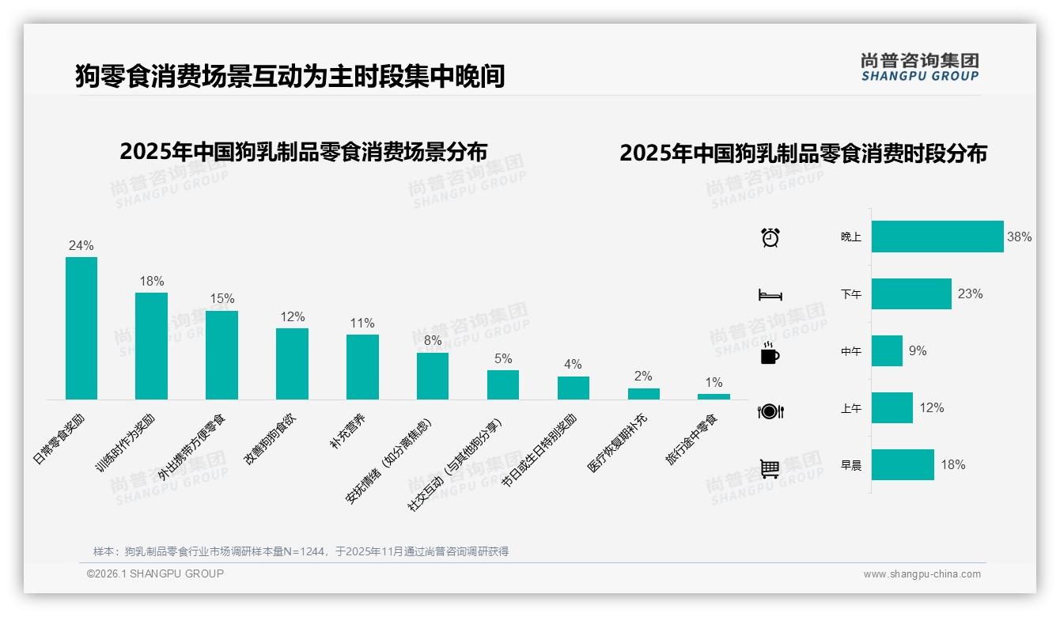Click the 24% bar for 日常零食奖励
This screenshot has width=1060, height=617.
tap(81, 328)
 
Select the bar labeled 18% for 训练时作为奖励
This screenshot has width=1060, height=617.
tap(151, 346)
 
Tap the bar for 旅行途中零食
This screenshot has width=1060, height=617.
tap(714, 396)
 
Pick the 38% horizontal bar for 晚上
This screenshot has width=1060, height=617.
tap(937, 237)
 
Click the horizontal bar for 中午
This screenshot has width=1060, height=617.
tap(887, 350)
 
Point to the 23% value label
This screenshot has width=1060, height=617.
tap(970, 294)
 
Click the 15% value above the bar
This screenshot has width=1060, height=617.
tap(221, 299)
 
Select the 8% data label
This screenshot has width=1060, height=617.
tap(433, 341)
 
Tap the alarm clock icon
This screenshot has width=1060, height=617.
tap(770, 237)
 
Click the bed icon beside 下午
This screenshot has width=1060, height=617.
tap(770, 295)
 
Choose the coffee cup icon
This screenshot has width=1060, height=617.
tap(770, 354)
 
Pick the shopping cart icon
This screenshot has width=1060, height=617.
tap(770, 468)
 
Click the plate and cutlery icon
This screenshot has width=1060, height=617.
tap(770, 411)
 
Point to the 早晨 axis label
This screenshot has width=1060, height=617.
tap(851, 465)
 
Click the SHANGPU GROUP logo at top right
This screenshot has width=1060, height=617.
tap(920, 67)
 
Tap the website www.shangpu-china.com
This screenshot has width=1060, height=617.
tap(922, 574)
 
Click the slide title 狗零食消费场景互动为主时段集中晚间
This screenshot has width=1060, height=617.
tap(290, 76)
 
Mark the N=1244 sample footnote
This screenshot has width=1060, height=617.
tap(301, 551)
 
